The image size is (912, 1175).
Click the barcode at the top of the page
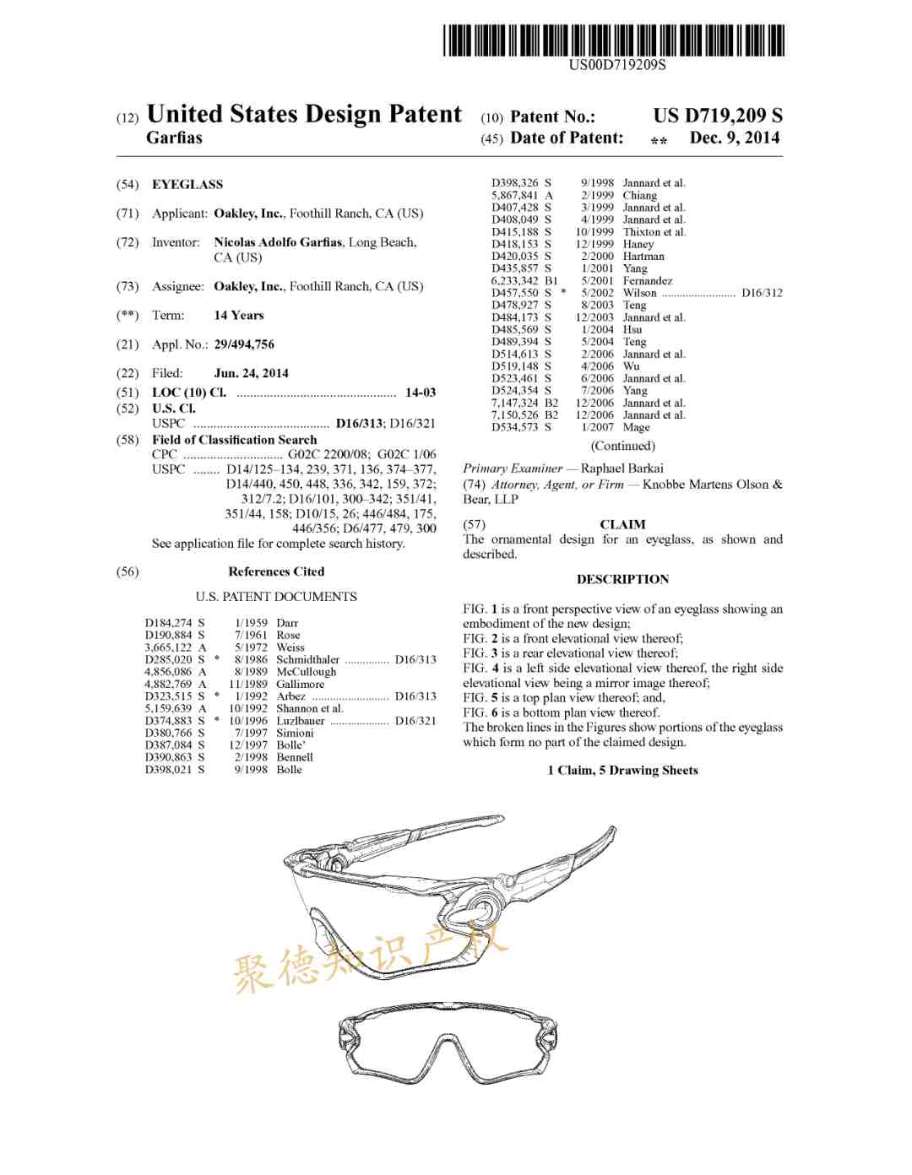coord(613,40)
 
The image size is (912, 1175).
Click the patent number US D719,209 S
coord(717,116)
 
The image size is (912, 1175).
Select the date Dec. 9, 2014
coord(734,138)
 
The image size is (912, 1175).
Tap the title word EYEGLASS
coord(187,184)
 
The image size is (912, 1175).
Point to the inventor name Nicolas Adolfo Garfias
coord(278,242)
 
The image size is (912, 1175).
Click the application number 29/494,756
coord(244,344)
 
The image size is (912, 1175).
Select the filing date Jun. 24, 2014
coord(251,373)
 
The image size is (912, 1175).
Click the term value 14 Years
coord(238,315)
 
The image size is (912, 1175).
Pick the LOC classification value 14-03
coord(421,393)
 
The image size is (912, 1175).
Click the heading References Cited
coord(276,571)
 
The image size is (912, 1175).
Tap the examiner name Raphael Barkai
coord(622,468)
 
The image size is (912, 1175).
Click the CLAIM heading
coord(622,524)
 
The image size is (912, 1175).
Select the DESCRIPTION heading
coord(622,579)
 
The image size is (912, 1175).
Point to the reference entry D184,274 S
coord(174,623)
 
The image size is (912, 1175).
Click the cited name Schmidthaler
coord(307,660)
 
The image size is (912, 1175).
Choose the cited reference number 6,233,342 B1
coord(524,280)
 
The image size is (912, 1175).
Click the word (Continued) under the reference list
coord(622,446)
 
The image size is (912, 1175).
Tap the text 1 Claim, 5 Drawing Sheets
coord(622,770)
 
